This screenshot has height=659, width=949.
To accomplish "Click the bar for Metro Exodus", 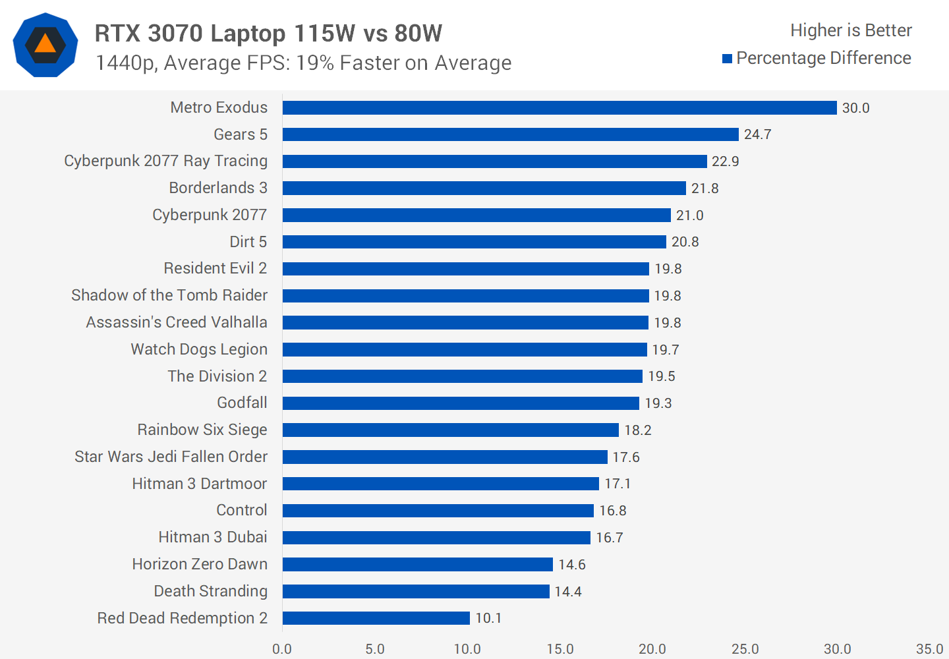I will [559, 107].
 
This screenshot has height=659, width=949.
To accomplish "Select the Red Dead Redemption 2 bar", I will [376, 618].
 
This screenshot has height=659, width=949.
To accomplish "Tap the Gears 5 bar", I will [510, 134].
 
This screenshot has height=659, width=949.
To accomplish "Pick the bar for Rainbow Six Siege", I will [450, 430].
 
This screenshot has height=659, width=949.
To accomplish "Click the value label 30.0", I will [855, 108].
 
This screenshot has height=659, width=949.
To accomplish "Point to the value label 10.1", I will [488, 618].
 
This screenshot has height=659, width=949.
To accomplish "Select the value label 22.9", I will [725, 161].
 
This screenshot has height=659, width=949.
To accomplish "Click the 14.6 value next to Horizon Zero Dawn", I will [571, 565].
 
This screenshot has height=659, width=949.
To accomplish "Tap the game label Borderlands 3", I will [218, 188].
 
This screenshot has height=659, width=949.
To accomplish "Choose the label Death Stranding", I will [210, 591].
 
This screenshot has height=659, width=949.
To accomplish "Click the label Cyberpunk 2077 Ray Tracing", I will [165, 161].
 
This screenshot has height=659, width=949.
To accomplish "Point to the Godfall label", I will [242, 403].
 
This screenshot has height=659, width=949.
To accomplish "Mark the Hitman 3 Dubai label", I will [212, 537].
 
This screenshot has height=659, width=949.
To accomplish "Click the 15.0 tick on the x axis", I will [560, 649].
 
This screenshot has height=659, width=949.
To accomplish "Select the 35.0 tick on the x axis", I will [929, 649].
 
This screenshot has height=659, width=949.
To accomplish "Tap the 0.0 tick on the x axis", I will [282, 649].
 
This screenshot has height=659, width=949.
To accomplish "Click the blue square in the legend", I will [728, 59].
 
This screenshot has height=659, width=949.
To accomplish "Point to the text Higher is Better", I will [851, 30].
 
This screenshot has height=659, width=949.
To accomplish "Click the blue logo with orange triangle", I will [45, 45].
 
